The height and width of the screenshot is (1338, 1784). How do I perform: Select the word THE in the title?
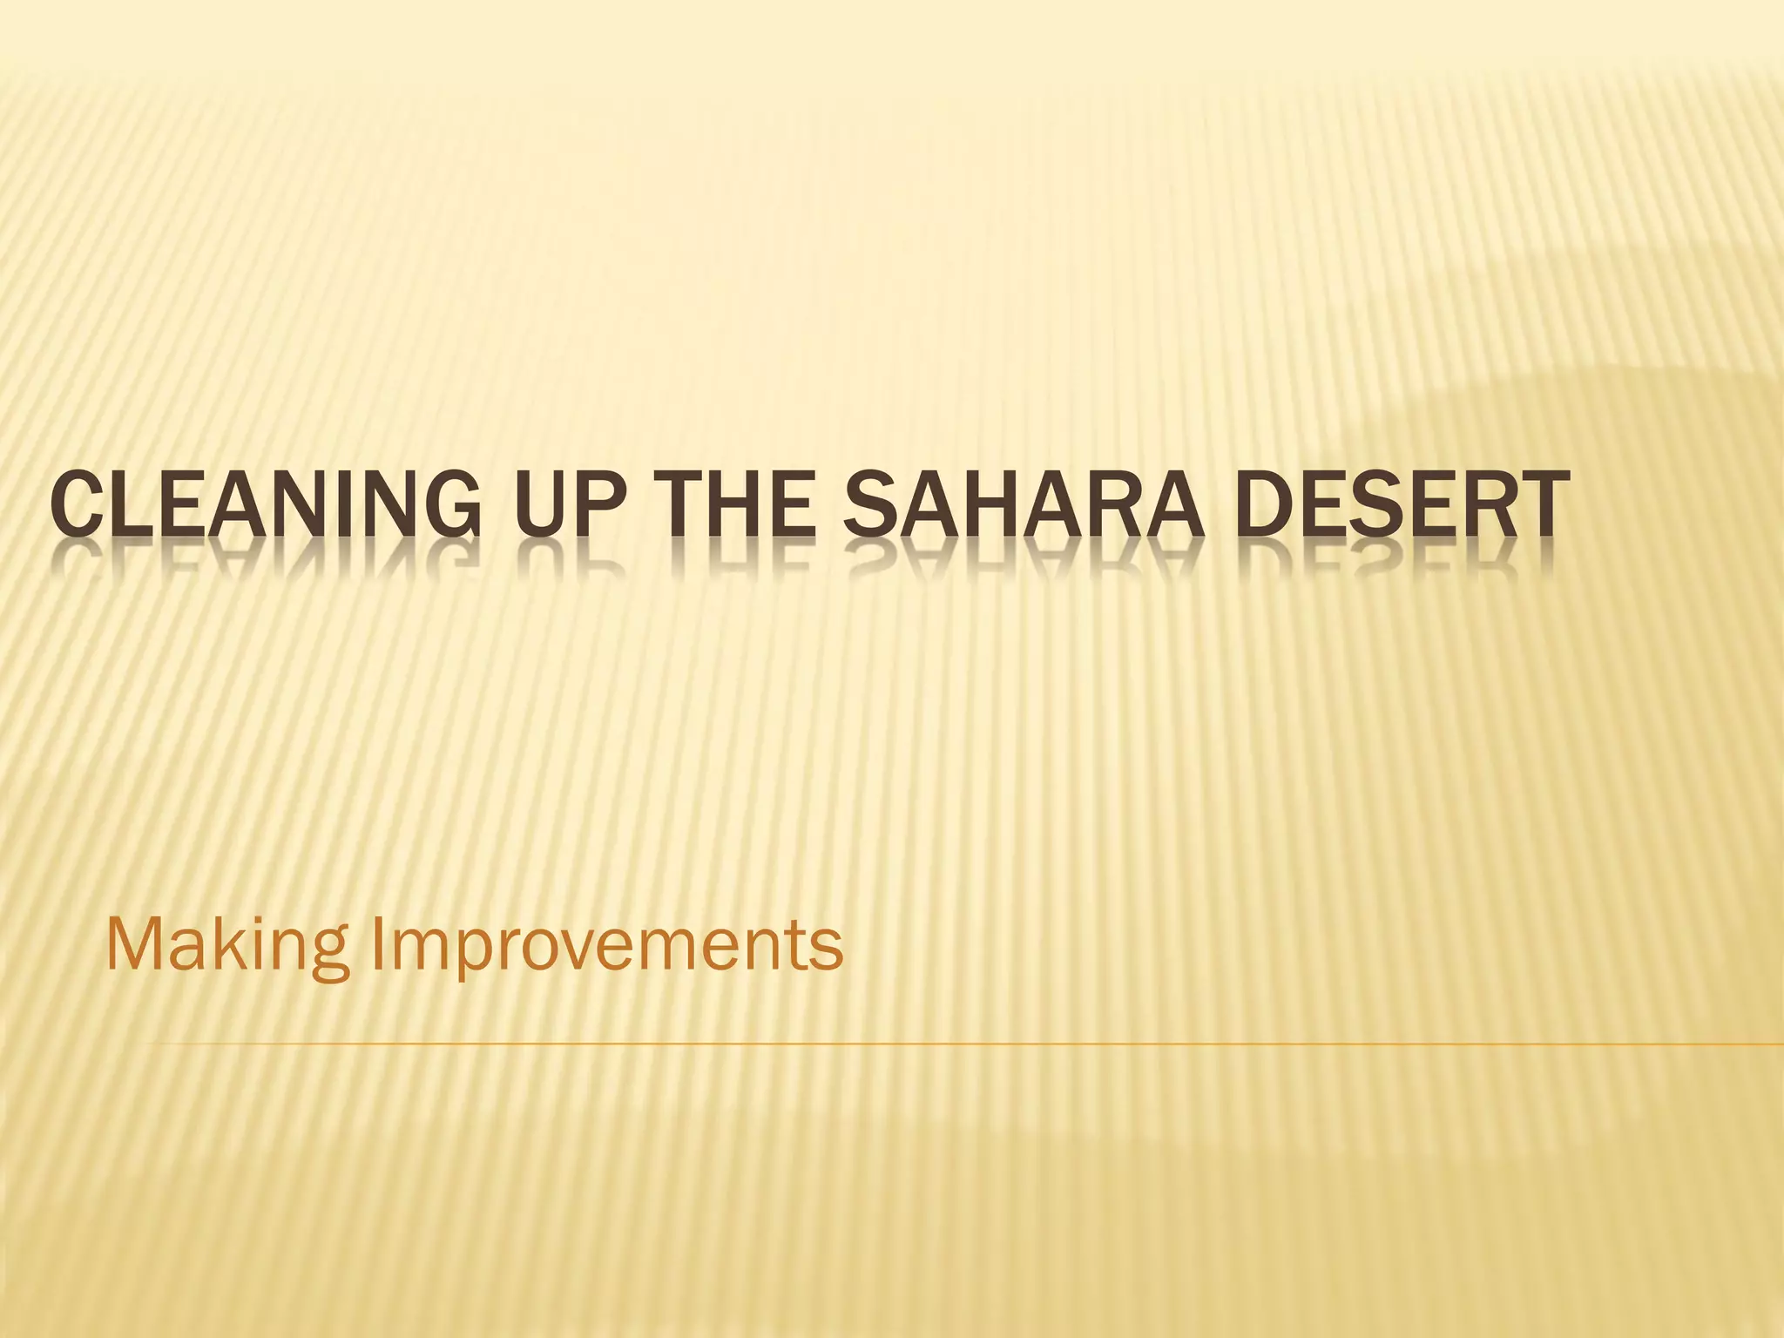[731, 505]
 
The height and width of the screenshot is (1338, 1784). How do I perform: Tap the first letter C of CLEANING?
[71, 505]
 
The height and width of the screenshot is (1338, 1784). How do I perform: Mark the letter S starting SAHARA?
[866, 505]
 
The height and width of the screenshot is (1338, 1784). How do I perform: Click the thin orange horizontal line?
[958, 1043]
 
